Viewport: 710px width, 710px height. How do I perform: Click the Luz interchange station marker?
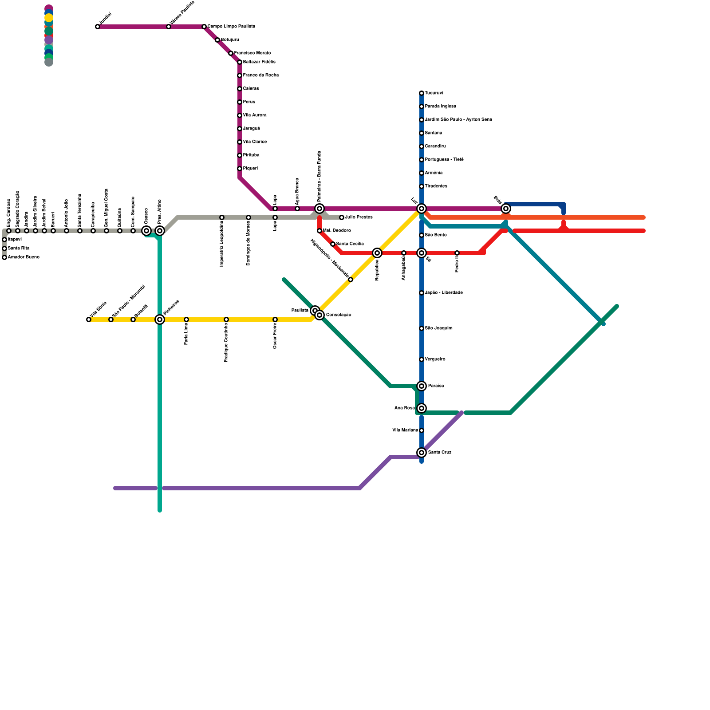422,209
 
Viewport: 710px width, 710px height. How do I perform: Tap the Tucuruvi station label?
434,93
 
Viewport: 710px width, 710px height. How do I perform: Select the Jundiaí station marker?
98,27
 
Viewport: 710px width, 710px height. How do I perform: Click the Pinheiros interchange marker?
160,319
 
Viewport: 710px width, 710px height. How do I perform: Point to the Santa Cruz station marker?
422,453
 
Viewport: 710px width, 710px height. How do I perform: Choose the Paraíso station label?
436,386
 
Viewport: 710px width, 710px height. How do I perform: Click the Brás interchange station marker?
506,209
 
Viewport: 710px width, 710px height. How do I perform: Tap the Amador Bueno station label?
24,257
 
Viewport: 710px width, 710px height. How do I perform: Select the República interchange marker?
377,253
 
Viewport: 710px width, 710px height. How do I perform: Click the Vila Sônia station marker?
89,319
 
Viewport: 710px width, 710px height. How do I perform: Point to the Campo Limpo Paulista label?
231,27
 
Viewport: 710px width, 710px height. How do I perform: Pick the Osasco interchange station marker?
146,231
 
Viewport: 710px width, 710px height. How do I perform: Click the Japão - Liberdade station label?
444,293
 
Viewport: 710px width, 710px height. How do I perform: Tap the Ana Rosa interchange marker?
422,408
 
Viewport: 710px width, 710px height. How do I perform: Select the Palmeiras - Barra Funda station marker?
319,209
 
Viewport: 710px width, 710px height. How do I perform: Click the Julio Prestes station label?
359,217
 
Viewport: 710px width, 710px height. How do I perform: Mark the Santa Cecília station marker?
333,244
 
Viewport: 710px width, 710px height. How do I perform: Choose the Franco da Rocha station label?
260,75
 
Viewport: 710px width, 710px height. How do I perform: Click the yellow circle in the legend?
49,18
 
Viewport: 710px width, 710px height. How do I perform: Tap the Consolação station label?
339,315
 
